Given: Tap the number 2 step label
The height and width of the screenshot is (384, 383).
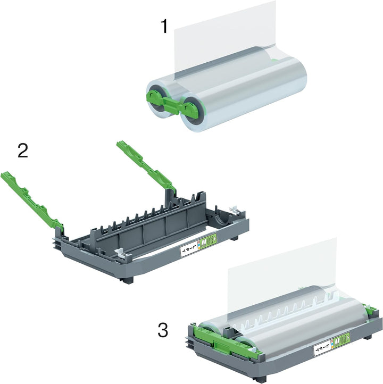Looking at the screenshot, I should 23,151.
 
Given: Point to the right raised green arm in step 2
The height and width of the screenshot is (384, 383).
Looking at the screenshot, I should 147,165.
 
